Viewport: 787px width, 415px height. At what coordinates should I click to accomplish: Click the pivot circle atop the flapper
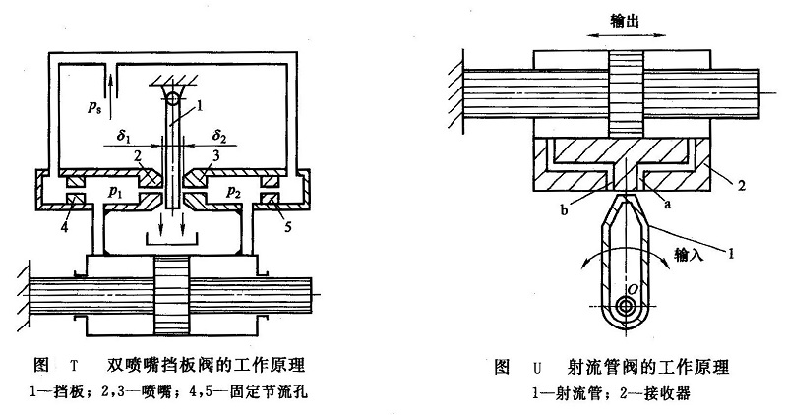[x=172, y=97]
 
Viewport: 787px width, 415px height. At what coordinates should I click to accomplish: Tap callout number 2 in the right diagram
[x=749, y=183]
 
